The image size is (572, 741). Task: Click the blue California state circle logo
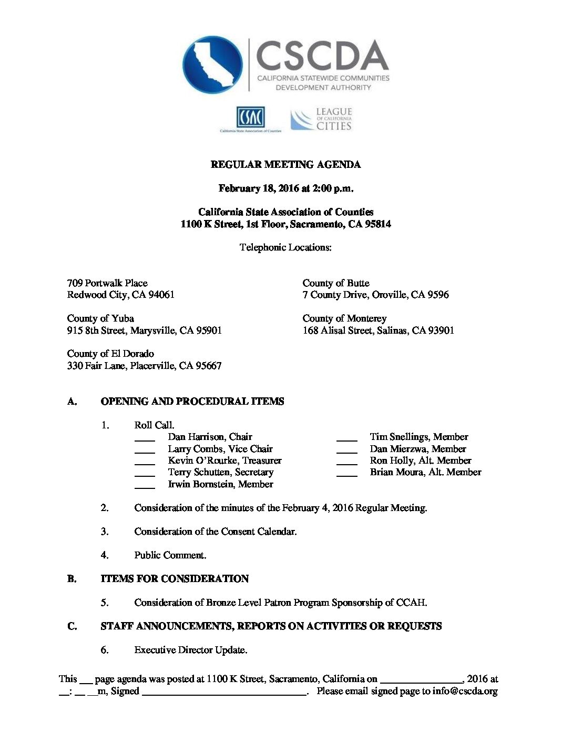212,65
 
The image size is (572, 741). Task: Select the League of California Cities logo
321,119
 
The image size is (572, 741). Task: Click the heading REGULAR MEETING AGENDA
285,165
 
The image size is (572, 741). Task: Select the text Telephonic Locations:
285,247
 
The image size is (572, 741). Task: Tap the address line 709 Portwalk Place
107,283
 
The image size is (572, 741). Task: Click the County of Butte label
336,283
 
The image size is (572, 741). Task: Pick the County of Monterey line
344,318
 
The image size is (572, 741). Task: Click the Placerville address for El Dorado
144,366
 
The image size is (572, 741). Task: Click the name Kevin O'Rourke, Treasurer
224,460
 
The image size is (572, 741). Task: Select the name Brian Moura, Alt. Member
425,472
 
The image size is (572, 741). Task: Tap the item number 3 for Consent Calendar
105,532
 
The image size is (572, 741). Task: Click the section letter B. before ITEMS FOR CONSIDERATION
72,579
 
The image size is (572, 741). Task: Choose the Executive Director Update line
190,650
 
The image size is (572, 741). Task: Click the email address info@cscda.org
465,691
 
